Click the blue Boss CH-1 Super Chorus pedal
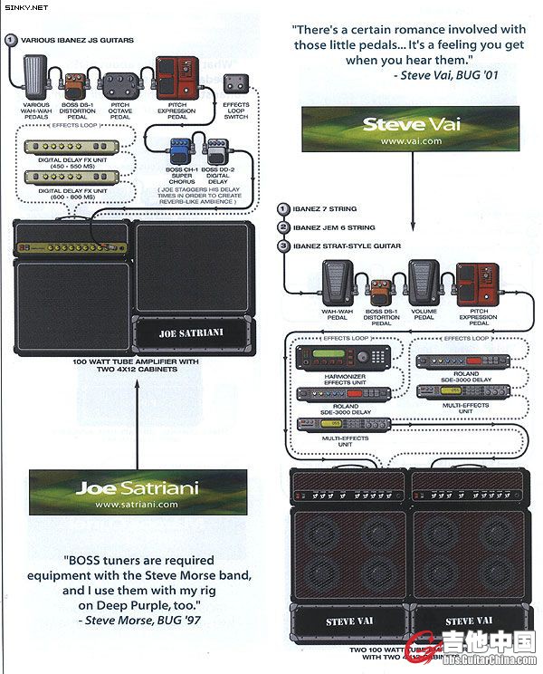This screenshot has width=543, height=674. [x=176, y=151]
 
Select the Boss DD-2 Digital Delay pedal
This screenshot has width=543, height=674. [x=216, y=151]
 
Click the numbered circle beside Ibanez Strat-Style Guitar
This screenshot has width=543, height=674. [x=284, y=245]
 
